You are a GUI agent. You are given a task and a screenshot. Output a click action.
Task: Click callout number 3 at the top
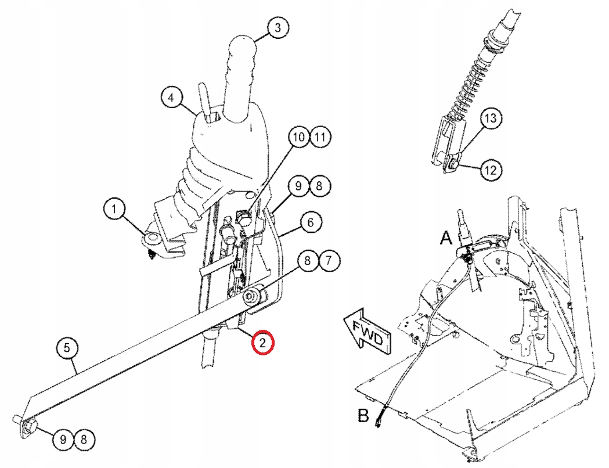click(x=278, y=27)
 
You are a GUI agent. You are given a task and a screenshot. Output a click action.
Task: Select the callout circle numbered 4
click(x=171, y=98)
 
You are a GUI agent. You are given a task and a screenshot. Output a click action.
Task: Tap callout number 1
click(x=114, y=208)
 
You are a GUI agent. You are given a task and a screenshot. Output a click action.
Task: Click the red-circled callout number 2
click(x=262, y=343)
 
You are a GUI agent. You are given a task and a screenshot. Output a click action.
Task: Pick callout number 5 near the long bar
click(x=67, y=348)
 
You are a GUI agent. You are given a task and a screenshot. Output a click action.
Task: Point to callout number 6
click(x=311, y=222)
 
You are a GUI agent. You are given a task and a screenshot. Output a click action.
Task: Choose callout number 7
click(x=329, y=260)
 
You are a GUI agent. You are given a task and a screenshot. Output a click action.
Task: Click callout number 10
click(x=298, y=138)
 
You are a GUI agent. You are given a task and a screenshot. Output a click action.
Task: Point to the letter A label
click(x=446, y=239)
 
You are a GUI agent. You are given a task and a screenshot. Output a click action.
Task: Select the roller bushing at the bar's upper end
click(x=254, y=296)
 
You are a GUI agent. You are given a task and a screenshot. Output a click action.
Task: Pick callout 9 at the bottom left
click(x=63, y=440)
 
